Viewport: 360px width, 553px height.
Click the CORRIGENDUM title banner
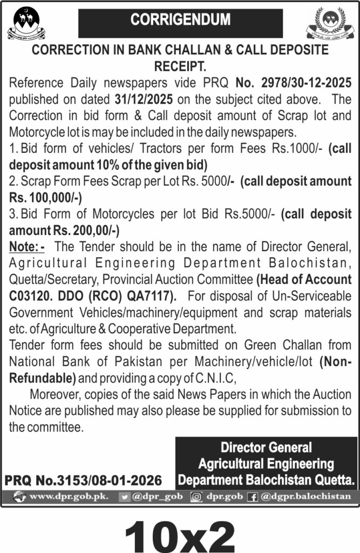tap(180, 21)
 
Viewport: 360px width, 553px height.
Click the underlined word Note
tap(24, 247)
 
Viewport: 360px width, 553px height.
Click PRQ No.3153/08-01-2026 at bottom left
tap(83, 480)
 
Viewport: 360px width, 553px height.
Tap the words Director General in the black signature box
tap(266, 448)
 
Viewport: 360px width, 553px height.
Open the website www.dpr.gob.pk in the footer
tap(62, 496)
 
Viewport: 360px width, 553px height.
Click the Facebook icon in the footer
tap(252, 496)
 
